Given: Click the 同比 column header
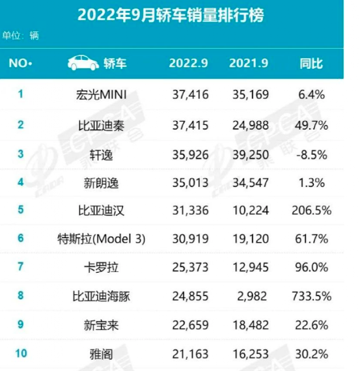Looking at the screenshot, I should [x=311, y=64].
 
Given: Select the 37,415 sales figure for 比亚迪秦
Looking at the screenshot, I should [x=188, y=125].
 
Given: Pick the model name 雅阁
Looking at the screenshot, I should [x=106, y=354].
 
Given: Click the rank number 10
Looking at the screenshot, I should [x=20, y=354].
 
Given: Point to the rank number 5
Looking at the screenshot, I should [x=20, y=211].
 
